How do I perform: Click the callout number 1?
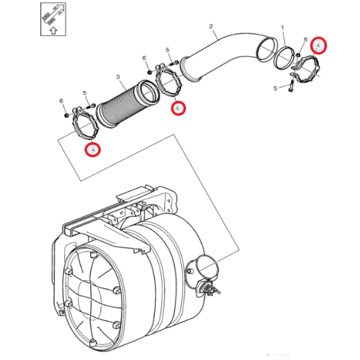coord(282,28)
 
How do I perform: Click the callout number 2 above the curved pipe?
coord(211,26)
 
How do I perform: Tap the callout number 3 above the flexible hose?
coord(118,77)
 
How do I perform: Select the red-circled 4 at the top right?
coord(319,46)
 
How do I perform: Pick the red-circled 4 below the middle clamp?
coord(178,108)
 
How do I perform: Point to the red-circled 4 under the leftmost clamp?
coord(92,149)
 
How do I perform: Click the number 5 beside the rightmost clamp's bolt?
coord(275,88)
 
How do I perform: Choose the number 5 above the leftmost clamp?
coord(85,93)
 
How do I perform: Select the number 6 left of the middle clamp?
coord(145,58)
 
